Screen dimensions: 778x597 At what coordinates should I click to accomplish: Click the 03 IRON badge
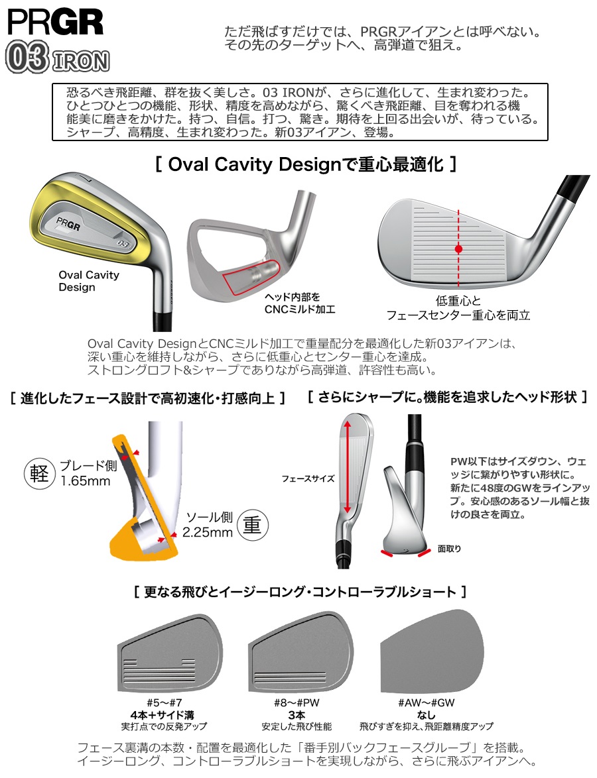point(57,60)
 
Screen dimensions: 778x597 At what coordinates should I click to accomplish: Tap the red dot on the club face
point(458,249)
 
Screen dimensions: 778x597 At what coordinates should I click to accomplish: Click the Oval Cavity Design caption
point(89,281)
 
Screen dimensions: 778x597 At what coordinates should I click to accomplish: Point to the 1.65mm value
point(85,481)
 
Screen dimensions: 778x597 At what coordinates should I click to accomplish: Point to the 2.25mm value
point(209,532)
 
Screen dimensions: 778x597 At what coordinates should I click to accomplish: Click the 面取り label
point(449,549)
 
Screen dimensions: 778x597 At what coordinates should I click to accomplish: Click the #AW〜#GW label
point(426,702)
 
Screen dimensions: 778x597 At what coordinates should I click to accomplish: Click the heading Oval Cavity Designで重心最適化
point(306,164)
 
